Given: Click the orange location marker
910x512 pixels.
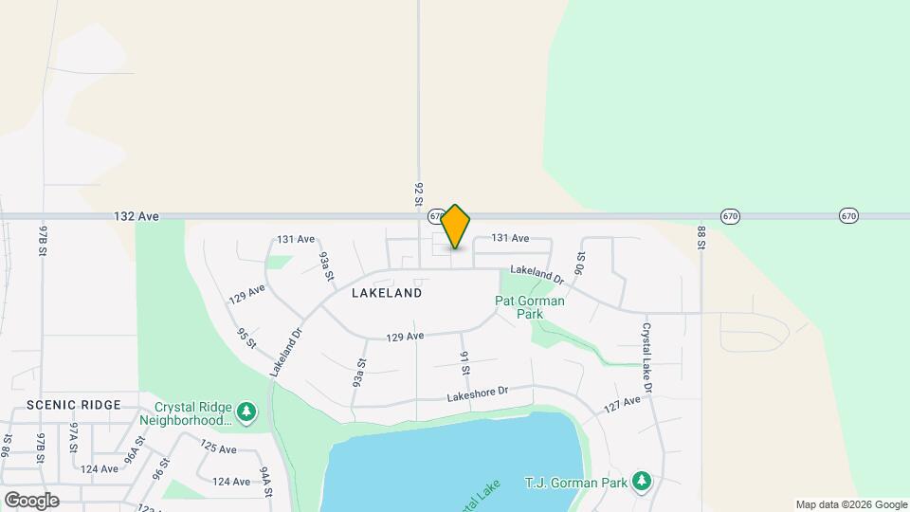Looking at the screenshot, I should click(x=455, y=226).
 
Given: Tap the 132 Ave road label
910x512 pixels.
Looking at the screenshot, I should click(x=136, y=216).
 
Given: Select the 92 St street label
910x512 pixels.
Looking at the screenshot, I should click(x=418, y=194).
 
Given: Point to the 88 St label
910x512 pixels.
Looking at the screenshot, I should click(x=702, y=237).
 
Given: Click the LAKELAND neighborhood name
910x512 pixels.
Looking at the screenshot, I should click(x=387, y=294).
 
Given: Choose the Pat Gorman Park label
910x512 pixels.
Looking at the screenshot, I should click(x=530, y=307).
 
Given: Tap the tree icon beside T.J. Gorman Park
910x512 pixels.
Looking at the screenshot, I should click(x=643, y=483).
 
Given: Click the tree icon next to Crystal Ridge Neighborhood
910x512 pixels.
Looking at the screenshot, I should click(x=247, y=411).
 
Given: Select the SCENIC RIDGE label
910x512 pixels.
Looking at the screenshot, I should click(x=74, y=405).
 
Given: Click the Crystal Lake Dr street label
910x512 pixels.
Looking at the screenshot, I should click(x=647, y=357).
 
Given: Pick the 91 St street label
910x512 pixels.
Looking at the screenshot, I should click(x=465, y=362).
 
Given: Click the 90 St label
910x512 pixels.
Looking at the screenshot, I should click(x=581, y=263).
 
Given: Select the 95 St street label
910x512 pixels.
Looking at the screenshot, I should click(x=246, y=338).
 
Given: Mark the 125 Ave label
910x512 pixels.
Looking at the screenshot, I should click(x=219, y=447).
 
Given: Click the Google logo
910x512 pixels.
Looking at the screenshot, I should click(x=31, y=500).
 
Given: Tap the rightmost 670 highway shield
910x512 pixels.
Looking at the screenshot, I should click(x=848, y=216).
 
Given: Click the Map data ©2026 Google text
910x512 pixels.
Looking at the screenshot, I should click(x=851, y=504).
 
